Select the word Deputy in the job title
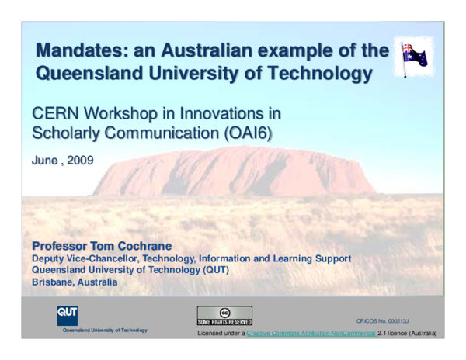47,258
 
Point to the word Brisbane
55,282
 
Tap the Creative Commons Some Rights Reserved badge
224,316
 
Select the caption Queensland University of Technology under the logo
99,330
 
